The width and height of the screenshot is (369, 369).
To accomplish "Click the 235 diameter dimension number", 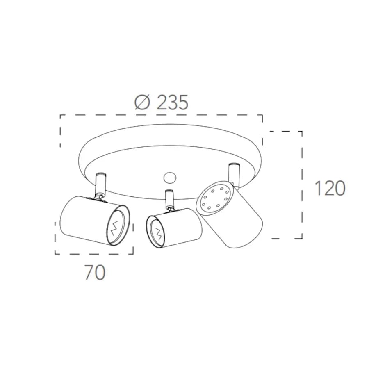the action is (172, 102).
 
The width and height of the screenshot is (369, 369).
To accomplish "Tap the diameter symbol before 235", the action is (142, 102).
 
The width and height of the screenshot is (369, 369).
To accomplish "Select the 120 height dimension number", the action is (330, 188).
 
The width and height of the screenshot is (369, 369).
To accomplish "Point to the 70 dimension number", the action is (95, 272).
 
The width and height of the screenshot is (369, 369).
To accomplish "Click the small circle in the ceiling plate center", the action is (170, 178).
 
